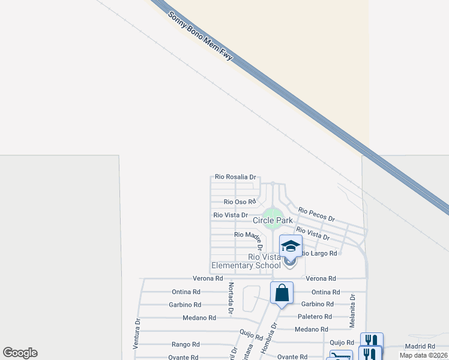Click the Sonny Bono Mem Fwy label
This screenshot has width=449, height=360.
(200, 44)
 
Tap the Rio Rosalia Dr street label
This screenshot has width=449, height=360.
(236, 177)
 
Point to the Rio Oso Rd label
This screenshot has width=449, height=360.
(240, 202)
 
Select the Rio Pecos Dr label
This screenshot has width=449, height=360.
(316, 215)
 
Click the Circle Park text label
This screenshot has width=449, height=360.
(273, 221)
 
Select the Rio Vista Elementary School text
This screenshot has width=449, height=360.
(246, 262)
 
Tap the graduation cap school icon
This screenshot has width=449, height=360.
(291, 247)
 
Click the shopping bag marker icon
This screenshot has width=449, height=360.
(282, 293)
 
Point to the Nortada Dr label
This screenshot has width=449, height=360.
(230, 298)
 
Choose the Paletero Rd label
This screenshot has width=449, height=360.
(315, 317)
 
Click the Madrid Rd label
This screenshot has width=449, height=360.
(420, 346)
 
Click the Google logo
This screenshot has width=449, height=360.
(20, 353)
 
